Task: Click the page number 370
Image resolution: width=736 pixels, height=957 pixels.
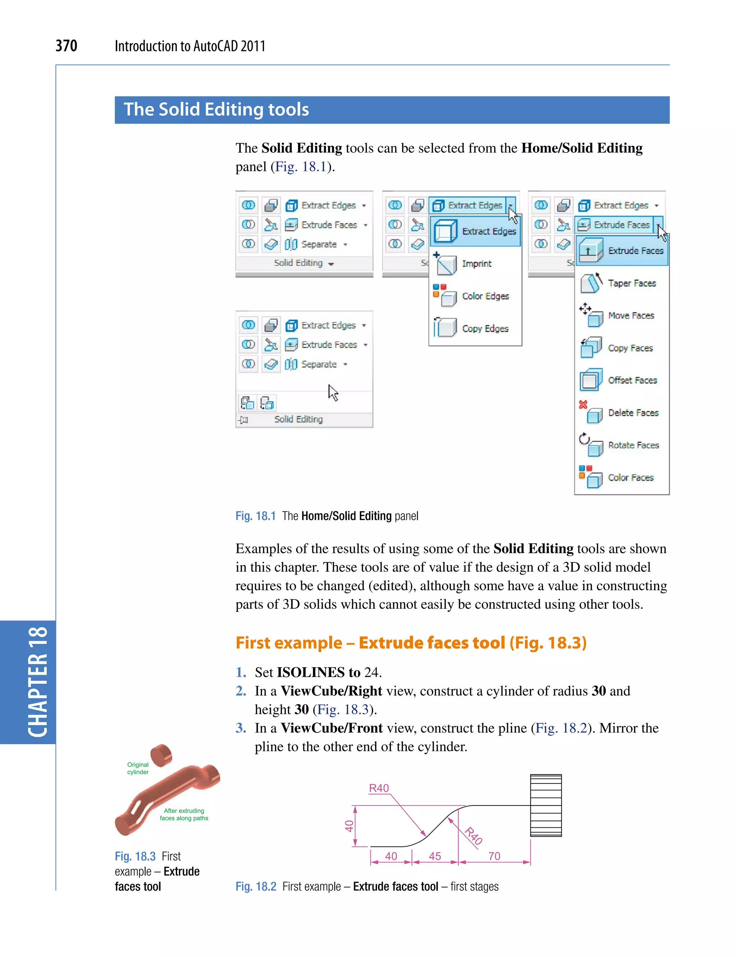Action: coord(66,46)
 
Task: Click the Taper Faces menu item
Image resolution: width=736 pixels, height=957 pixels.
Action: coord(631,283)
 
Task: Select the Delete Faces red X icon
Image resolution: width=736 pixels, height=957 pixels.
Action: coord(583,404)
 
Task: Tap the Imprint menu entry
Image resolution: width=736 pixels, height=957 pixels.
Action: coord(476,264)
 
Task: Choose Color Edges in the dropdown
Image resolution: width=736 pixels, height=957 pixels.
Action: coord(485,296)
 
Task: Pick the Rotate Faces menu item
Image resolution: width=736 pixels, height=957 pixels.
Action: coord(633,445)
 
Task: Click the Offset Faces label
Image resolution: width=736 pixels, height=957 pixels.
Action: coord(632,380)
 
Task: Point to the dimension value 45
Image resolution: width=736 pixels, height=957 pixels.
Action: coord(434,856)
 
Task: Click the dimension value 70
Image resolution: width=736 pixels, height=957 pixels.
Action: coord(494,856)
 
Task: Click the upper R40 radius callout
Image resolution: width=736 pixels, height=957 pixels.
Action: coord(378,788)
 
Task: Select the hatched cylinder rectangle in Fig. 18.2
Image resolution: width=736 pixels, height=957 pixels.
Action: coord(546,805)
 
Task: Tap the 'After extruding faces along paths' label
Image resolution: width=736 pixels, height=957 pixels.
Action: coord(184,814)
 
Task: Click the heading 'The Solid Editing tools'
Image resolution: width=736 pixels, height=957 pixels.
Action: coord(216,110)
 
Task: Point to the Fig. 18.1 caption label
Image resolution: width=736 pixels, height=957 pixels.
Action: coord(256,516)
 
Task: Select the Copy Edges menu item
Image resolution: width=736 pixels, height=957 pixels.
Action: coord(485,329)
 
